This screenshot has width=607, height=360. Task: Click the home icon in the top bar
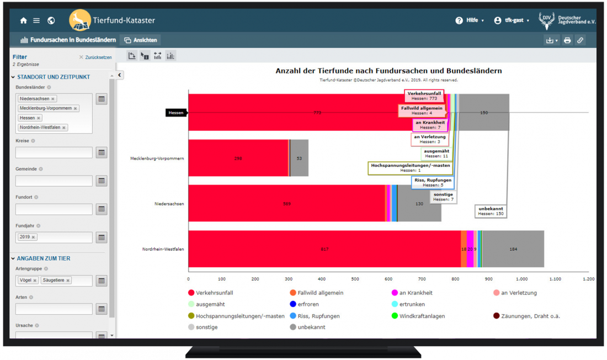click(x=23, y=20)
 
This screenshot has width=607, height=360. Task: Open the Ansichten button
click(x=140, y=40)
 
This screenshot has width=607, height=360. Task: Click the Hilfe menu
click(x=470, y=20)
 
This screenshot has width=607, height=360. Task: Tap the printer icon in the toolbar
click(x=567, y=40)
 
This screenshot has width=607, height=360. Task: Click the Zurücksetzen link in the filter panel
click(x=95, y=57)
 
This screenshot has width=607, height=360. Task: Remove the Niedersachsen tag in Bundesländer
click(x=53, y=99)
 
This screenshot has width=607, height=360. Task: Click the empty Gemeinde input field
click(x=54, y=181)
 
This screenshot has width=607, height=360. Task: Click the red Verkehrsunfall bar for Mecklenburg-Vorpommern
click(x=237, y=158)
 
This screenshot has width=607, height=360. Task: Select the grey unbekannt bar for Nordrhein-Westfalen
click(x=513, y=249)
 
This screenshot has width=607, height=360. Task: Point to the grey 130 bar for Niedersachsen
click(x=419, y=203)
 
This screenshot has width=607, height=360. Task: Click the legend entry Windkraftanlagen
click(x=423, y=316)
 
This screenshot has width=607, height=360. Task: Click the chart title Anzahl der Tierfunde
click(x=388, y=71)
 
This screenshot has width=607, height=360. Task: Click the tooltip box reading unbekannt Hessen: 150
click(x=490, y=211)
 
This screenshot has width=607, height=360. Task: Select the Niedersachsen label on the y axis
click(x=169, y=204)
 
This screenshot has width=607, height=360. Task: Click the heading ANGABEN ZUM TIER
click(x=44, y=258)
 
